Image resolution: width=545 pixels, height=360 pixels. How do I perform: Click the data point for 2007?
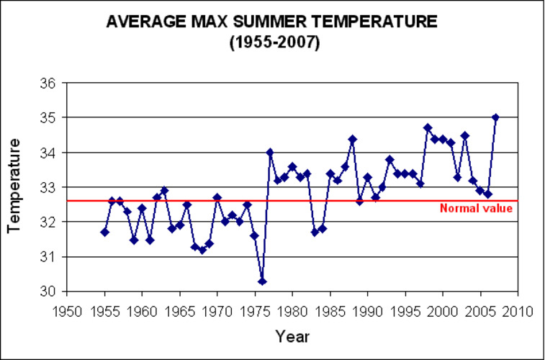click(x=495, y=117)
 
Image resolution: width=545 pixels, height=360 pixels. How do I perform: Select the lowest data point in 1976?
click(x=262, y=281)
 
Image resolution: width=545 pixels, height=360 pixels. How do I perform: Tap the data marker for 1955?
click(x=104, y=232)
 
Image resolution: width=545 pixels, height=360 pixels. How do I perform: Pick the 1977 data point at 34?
click(x=269, y=152)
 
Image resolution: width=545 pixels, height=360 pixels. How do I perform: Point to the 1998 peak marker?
click(x=428, y=127)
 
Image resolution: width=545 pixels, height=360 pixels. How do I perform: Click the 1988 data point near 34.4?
click(x=352, y=138)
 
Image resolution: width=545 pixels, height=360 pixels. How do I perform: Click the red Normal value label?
click(x=476, y=209)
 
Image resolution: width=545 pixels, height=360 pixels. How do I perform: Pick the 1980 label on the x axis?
click(x=292, y=311)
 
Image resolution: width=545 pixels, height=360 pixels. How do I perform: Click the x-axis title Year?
click(x=292, y=336)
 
